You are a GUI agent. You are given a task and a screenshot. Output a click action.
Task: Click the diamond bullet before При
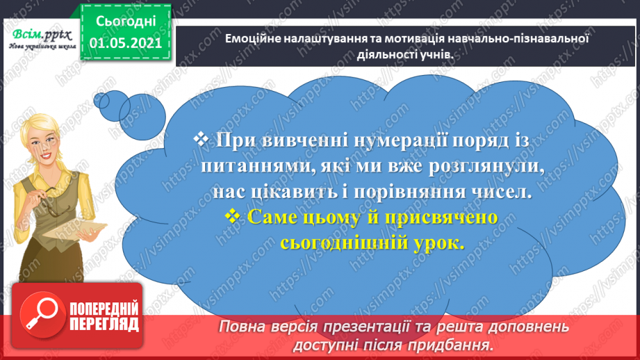tap(202, 140)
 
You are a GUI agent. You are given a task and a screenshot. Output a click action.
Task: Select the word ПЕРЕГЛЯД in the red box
tap(104, 323)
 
